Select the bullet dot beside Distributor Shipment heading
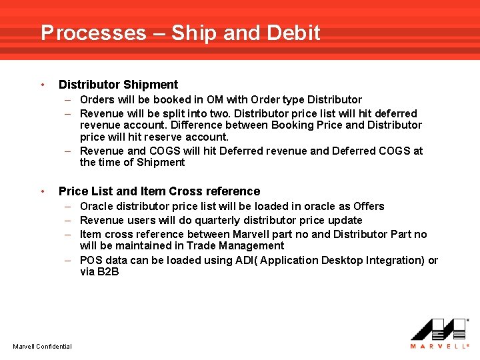[43, 85]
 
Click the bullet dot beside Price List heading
[43, 191]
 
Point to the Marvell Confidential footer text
[42, 346]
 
